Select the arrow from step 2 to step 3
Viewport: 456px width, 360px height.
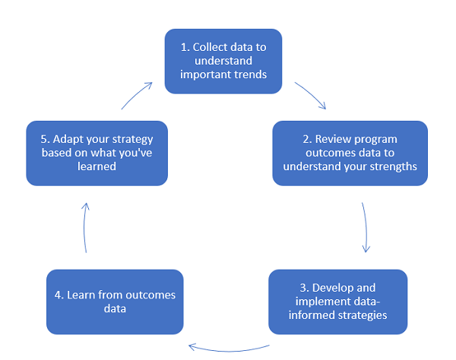[x=366, y=227]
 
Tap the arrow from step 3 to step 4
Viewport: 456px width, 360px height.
[x=230, y=350]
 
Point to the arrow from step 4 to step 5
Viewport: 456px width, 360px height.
[x=84, y=227]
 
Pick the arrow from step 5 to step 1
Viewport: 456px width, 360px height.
[x=136, y=94]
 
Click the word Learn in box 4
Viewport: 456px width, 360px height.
[x=80, y=295]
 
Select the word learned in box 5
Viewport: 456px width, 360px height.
[x=97, y=166]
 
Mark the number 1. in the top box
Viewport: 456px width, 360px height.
[x=185, y=47]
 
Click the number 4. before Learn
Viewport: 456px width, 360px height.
[x=59, y=295]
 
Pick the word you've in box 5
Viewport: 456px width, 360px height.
[x=136, y=153]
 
